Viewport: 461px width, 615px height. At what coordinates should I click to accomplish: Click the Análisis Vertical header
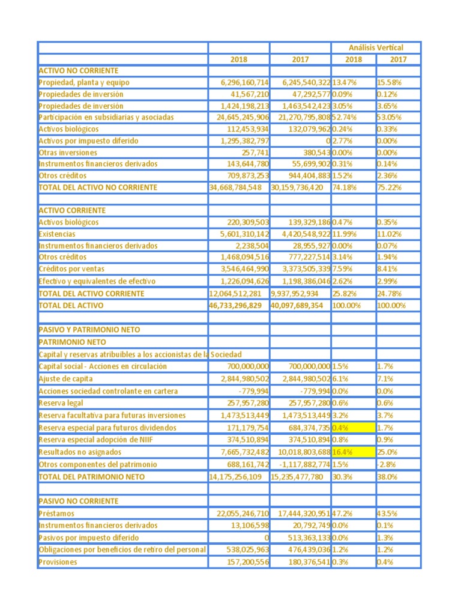tap(376, 47)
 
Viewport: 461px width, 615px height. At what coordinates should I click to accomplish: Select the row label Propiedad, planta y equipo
tap(83, 82)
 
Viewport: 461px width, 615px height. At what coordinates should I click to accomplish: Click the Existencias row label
tap(57, 234)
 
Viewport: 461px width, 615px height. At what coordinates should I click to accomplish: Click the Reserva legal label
tap(61, 403)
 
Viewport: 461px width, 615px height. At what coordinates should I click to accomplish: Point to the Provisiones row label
tap(58, 562)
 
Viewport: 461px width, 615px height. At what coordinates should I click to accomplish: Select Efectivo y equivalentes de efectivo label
tap(97, 281)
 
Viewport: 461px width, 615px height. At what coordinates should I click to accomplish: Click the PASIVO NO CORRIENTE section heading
tap(78, 501)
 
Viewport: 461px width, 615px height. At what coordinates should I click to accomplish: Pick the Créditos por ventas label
tap(70, 269)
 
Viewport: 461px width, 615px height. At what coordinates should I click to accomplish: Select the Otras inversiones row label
tap(68, 153)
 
